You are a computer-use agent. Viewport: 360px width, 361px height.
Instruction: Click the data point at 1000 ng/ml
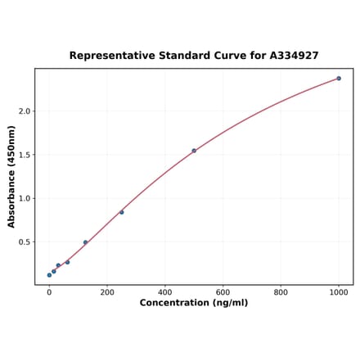339,79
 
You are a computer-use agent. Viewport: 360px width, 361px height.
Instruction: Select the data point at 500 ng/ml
194,151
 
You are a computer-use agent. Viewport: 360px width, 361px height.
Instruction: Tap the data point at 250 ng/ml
122,212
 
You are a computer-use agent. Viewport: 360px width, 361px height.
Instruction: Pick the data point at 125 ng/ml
85,242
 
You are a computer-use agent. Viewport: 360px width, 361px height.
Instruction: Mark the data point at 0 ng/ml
49,275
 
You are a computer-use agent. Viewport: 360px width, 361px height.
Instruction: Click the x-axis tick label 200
107,292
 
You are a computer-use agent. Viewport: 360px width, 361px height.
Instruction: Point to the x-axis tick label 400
165,292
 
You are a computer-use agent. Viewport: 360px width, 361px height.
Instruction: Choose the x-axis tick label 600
223,292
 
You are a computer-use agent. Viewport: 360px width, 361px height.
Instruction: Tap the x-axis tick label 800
281,292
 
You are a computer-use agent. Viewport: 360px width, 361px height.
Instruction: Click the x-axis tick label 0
49,292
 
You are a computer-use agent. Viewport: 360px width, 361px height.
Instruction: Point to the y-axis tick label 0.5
24,242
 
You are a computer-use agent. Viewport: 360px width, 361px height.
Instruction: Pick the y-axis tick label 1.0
24,198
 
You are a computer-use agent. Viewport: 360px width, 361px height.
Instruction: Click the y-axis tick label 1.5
24,155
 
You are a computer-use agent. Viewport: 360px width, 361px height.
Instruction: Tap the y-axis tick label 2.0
24,111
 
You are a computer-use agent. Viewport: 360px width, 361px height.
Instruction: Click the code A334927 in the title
294,56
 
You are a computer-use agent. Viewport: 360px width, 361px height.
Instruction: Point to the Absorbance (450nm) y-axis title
11,176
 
